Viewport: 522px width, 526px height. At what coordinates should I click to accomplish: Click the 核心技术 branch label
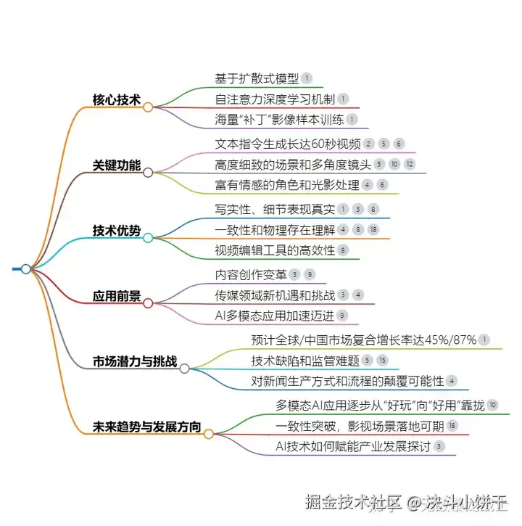pyautogui.click(x=116, y=99)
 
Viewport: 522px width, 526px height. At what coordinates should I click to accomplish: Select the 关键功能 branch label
pyautogui.click(x=116, y=165)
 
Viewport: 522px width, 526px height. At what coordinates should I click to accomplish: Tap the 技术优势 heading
pyautogui.click(x=116, y=230)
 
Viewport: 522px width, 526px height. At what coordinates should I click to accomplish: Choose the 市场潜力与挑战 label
pyautogui.click(x=134, y=361)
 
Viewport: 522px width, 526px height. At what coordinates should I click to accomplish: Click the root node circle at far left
pyautogui.click(x=26, y=268)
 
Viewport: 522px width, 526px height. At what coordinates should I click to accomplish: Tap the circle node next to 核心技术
pyautogui.click(x=148, y=107)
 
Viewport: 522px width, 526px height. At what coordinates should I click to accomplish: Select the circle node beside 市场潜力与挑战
pyautogui.click(x=184, y=369)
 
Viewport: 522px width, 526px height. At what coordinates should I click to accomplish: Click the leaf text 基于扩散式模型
pyautogui.click(x=257, y=78)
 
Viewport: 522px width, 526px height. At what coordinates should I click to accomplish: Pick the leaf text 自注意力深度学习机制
pyautogui.click(x=274, y=99)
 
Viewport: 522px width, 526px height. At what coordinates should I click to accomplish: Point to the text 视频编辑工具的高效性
pyautogui.click(x=274, y=250)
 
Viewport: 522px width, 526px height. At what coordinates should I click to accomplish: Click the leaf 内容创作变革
pyautogui.click(x=250, y=274)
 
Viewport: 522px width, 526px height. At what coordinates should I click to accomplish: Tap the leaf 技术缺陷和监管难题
pyautogui.click(x=304, y=360)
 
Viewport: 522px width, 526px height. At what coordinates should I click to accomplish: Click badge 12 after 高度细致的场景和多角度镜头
pyautogui.click(x=410, y=164)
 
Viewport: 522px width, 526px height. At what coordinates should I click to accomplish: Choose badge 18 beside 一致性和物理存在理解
pyautogui.click(x=373, y=230)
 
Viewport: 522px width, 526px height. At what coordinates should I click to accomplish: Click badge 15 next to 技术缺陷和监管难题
pyautogui.click(x=383, y=360)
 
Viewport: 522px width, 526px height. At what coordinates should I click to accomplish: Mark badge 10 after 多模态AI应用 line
pyautogui.click(x=492, y=404)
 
